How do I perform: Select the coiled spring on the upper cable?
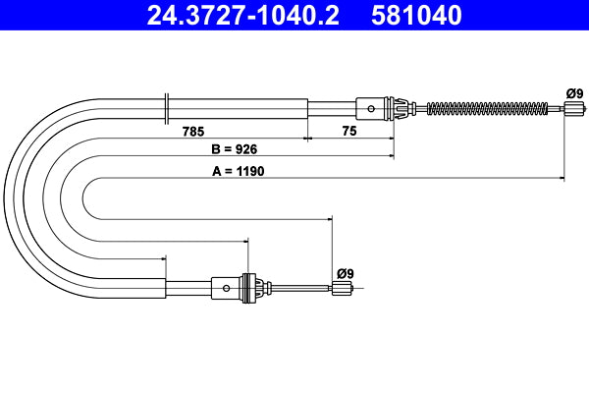481,107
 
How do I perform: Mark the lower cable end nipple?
342,288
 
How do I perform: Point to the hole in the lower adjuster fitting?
228,288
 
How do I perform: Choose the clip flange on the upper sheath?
168,106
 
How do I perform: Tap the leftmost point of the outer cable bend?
6,196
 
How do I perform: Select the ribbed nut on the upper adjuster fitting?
401,107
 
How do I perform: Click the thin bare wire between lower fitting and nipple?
299,288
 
